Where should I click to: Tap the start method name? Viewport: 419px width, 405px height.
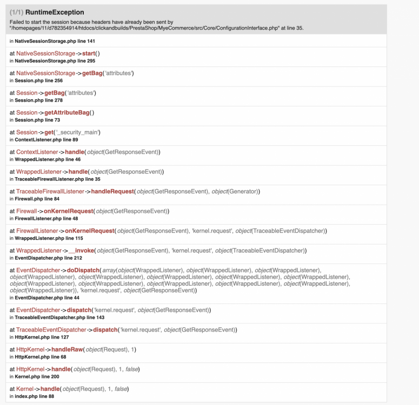(89, 53)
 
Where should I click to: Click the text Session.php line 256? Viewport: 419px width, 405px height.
(39, 80)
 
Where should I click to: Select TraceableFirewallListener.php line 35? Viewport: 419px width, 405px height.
(57, 179)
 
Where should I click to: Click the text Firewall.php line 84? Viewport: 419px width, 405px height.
(37, 199)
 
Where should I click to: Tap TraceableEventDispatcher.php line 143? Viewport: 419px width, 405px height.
(59, 318)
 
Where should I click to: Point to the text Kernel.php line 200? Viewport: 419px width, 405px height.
(37, 376)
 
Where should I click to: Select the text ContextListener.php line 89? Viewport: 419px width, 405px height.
(46, 139)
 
